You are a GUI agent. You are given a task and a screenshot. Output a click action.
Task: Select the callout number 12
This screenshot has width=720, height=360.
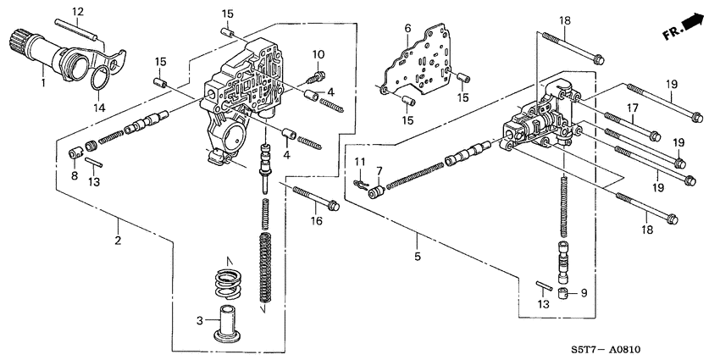[x=77, y=11]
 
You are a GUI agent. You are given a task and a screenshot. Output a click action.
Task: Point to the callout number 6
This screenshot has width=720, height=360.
[x=407, y=29]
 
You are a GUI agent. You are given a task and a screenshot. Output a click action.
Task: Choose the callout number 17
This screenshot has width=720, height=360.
[x=632, y=107]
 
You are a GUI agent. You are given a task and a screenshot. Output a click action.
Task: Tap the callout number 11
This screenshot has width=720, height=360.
[x=358, y=161]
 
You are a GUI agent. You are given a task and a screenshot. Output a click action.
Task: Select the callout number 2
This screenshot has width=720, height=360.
[x=119, y=241]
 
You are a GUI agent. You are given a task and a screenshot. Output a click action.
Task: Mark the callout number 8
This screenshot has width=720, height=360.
[x=75, y=175]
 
